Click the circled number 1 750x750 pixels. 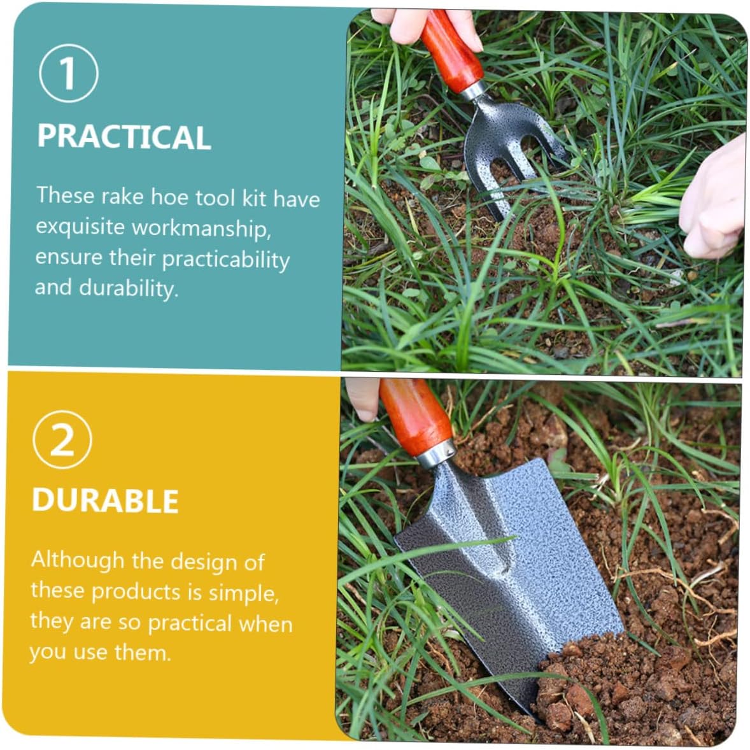[68, 73]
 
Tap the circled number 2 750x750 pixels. [62, 439]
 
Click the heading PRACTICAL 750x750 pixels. [124, 137]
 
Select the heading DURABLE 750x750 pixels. [105, 501]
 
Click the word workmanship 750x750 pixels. [201, 228]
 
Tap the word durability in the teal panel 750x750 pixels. [129, 288]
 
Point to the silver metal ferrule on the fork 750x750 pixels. [474, 90]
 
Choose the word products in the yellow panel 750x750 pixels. [136, 591]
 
